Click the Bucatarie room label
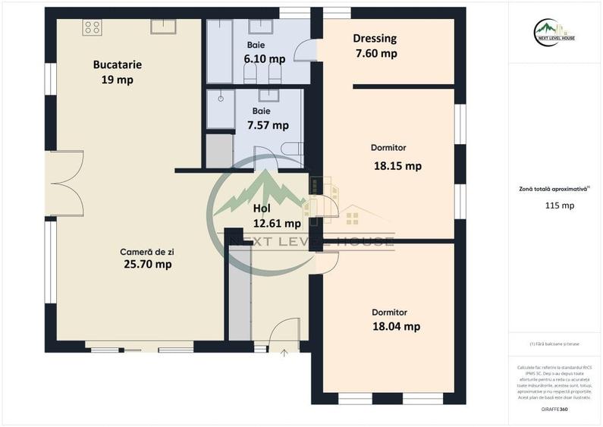pos(118,64)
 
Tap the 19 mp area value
pos(117,80)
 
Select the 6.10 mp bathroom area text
pos(265,58)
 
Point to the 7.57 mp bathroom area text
pos(270,125)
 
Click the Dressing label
pos(375,39)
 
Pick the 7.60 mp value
pos(376,53)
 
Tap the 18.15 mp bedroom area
pos(397,165)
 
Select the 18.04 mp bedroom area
pos(396,326)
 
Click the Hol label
pos(262,208)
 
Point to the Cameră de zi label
pos(146,251)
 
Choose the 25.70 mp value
pos(147,264)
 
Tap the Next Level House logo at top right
pos(554,32)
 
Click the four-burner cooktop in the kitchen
pos(93,27)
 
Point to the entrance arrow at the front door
pos(284,351)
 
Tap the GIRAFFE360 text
pos(554,410)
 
